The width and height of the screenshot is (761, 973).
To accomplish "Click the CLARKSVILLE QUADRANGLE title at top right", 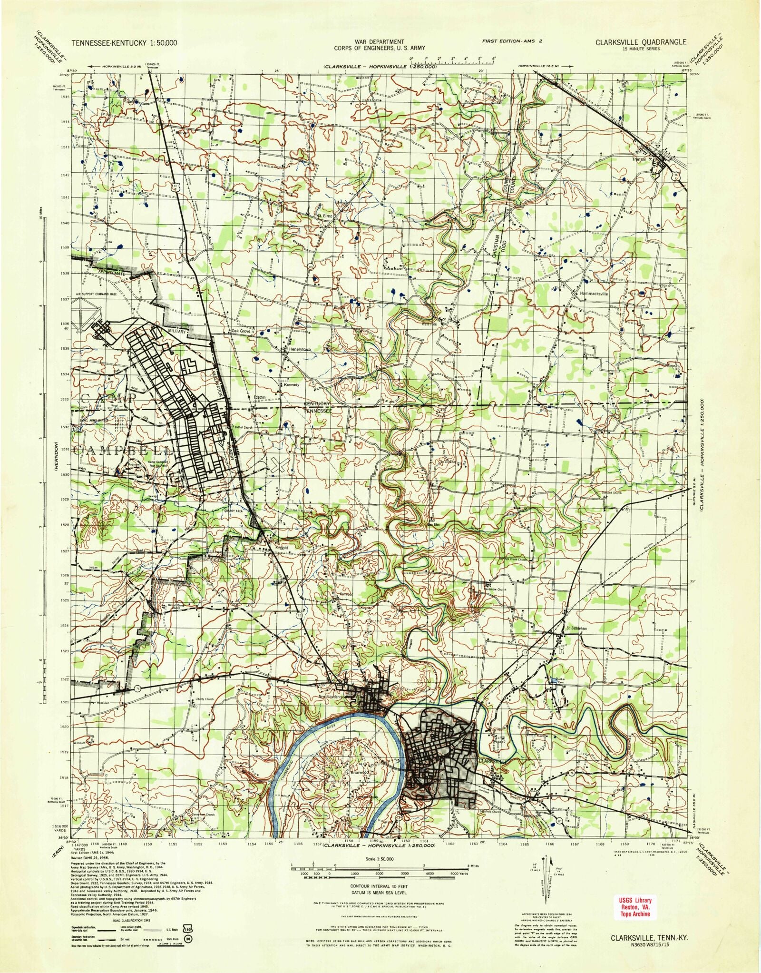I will pos(640,42).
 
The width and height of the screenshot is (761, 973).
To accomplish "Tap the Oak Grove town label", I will pos(241,331).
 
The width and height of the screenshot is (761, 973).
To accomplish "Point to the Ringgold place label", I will pos(282,548).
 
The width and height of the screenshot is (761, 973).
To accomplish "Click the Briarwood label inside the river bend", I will pos(360,772).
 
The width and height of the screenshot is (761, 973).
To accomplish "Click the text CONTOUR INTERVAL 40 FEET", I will pos(379,886).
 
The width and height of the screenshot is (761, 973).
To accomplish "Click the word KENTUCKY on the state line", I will pos(317,403).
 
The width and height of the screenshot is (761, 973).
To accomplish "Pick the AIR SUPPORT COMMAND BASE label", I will pos(96,295).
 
